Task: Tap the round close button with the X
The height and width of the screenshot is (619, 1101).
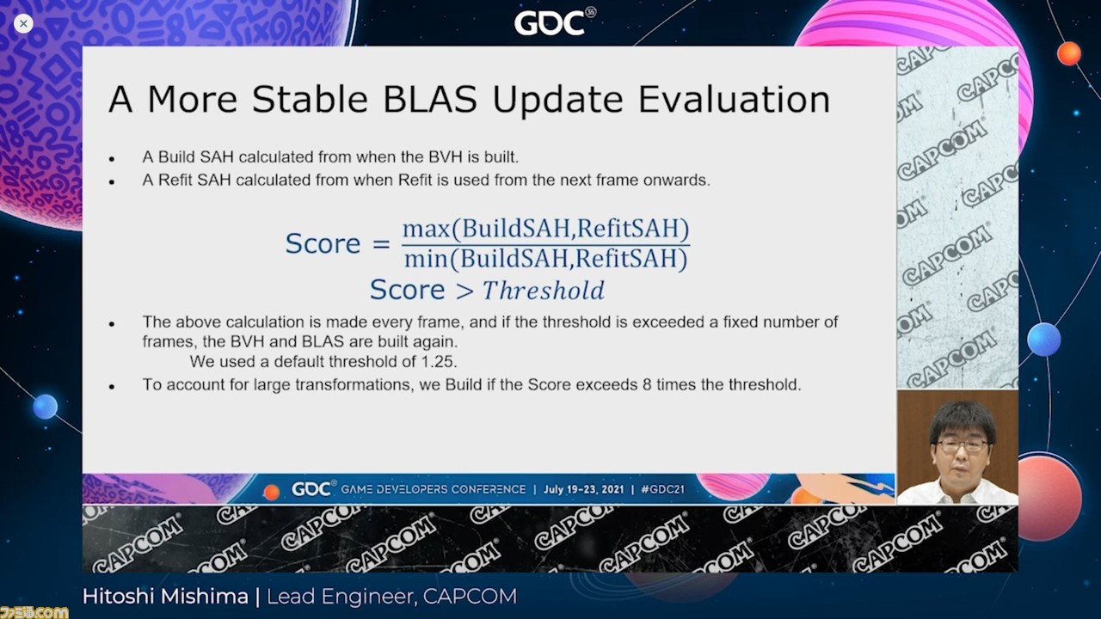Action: click(x=23, y=23)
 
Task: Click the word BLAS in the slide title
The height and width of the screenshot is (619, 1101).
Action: click(x=429, y=99)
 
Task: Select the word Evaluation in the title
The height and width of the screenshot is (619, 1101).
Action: click(x=735, y=99)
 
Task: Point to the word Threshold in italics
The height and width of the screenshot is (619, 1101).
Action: click(x=543, y=290)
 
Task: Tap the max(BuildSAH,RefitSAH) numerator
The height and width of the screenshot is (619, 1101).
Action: click(x=546, y=229)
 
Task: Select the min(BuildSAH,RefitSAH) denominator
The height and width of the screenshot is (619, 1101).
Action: click(x=545, y=259)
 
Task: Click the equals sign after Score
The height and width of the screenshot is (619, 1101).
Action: click(x=381, y=243)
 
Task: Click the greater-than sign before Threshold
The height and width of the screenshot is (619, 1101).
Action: click(x=464, y=291)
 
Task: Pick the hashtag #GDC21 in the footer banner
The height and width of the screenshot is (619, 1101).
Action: click(x=663, y=489)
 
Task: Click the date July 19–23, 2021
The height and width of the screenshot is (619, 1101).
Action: click(x=583, y=489)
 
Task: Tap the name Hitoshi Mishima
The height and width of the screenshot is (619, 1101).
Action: click(x=165, y=597)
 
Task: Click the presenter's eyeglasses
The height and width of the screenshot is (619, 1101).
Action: click(x=962, y=445)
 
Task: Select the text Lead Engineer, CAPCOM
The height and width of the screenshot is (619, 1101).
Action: click(x=391, y=597)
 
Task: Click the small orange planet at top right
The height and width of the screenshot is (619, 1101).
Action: click(x=1069, y=53)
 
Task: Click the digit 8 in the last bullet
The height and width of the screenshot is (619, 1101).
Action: click(x=648, y=384)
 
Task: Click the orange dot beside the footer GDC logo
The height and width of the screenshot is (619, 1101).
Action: click(x=271, y=491)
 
